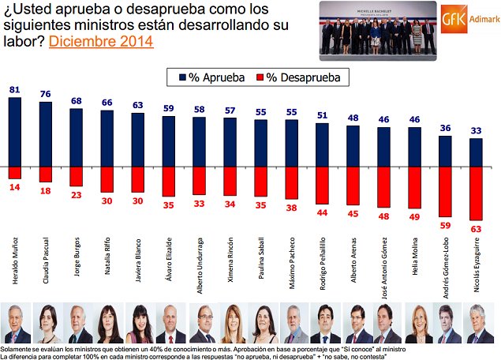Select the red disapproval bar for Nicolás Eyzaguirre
click(475, 193)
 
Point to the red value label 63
click(475, 229)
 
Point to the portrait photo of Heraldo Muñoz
click(15, 324)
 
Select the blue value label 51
click(322, 115)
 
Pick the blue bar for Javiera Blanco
click(138, 141)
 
